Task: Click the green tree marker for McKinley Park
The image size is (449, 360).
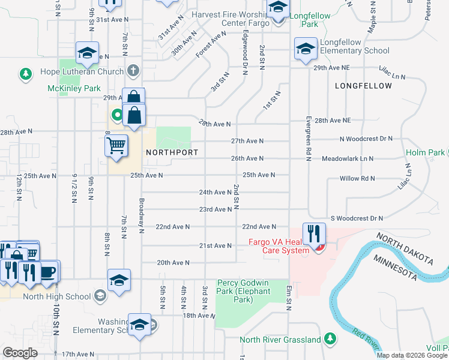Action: (25, 74)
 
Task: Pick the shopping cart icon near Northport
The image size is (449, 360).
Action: (116, 145)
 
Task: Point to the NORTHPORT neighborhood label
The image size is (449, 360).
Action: (172, 153)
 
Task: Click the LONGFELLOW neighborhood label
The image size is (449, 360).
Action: (363, 86)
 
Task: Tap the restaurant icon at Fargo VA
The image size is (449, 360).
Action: (313, 233)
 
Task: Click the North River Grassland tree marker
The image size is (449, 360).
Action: (330, 339)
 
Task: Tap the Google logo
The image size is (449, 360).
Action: (20, 353)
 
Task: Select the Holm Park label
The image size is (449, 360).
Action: (425, 153)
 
